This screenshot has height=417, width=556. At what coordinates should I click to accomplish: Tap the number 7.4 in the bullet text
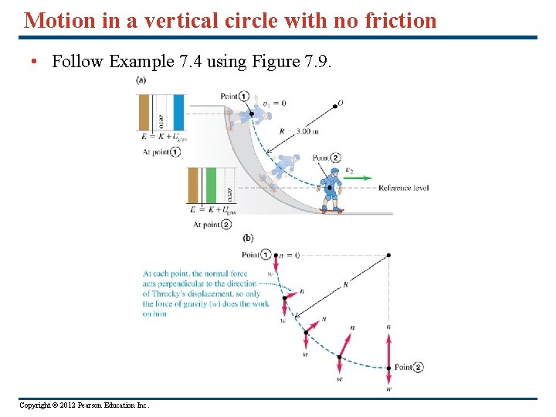coord(187,62)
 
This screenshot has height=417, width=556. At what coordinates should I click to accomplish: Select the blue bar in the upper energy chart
coord(178,112)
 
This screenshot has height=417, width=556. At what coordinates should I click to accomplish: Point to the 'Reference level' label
coord(403,188)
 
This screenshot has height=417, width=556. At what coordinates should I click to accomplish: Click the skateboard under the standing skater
coord(333,209)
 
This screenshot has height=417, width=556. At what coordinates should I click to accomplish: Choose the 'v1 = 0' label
coord(274,103)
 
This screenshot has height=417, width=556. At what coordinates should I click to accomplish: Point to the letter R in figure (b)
coord(345,285)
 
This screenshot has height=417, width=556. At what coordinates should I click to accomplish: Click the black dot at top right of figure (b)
coord(388,254)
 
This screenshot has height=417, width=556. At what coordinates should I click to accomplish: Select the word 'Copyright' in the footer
coord(36,405)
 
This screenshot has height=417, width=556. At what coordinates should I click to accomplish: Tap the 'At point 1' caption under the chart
coord(161,152)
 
